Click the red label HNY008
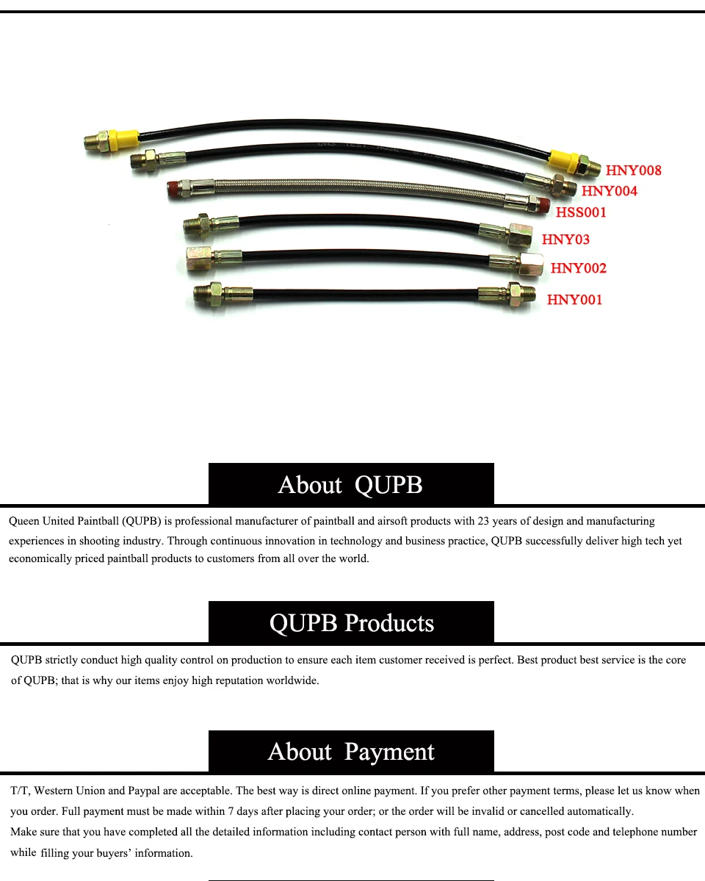[x=633, y=170]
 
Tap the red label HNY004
[x=610, y=191]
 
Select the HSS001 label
[x=581, y=212]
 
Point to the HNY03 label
[x=565, y=240]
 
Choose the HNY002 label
[x=579, y=268]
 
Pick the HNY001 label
[x=575, y=300]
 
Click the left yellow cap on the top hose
[x=123, y=139]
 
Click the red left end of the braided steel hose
[x=174, y=189]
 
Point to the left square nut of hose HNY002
[x=199, y=259]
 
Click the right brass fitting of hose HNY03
[x=520, y=235]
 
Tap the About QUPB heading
[x=350, y=485]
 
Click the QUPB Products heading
[x=352, y=623]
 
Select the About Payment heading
[x=351, y=752]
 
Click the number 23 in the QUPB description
[x=483, y=521]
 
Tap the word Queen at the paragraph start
[x=23, y=521]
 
